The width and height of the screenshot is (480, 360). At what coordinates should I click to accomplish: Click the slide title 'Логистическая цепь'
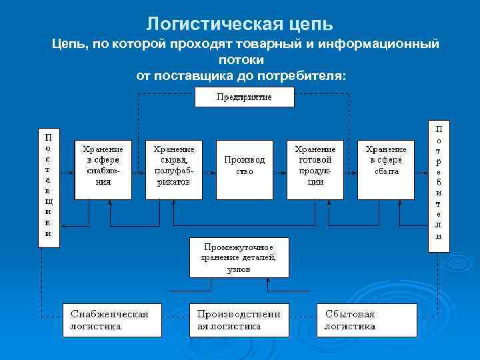[239, 24]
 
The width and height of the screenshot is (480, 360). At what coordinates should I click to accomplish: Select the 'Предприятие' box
[244, 97]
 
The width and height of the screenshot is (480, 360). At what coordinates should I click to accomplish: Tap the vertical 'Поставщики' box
[48, 186]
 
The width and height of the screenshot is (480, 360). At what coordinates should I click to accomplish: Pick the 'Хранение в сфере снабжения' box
[103, 170]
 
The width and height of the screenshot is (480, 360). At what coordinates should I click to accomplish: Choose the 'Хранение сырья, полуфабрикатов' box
[174, 170]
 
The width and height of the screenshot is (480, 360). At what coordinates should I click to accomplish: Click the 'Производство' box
[244, 170]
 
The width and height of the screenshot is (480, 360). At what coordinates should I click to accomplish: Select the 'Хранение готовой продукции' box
[315, 170]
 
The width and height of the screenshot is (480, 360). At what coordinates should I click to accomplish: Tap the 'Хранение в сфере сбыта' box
[386, 170]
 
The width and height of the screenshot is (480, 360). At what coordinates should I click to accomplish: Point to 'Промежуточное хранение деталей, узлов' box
[239, 257]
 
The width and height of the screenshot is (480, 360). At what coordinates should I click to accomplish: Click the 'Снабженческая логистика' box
[113, 319]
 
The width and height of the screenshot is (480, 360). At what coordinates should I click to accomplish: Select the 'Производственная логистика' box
[239, 319]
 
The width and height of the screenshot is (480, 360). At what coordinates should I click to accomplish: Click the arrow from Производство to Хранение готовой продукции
[280, 170]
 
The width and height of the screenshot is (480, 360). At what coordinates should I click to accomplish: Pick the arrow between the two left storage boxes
[139, 170]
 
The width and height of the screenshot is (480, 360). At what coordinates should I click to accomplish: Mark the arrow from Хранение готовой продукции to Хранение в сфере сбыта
[351, 170]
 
